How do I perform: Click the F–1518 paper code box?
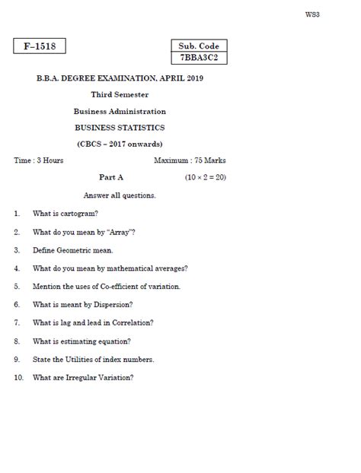click(x=40, y=46)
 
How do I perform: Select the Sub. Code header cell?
click(x=199, y=46)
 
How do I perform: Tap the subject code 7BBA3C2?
click(x=199, y=58)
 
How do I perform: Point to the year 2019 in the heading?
click(x=194, y=78)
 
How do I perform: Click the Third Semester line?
click(x=120, y=94)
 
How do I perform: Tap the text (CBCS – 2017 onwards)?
click(x=120, y=144)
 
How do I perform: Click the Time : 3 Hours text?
click(x=39, y=160)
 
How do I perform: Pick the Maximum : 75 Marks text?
click(x=190, y=160)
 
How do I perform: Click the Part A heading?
click(x=111, y=177)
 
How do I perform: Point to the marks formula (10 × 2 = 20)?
click(x=205, y=177)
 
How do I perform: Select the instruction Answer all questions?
click(x=120, y=195)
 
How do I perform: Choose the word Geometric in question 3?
click(x=74, y=250)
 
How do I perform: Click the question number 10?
click(x=18, y=377)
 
